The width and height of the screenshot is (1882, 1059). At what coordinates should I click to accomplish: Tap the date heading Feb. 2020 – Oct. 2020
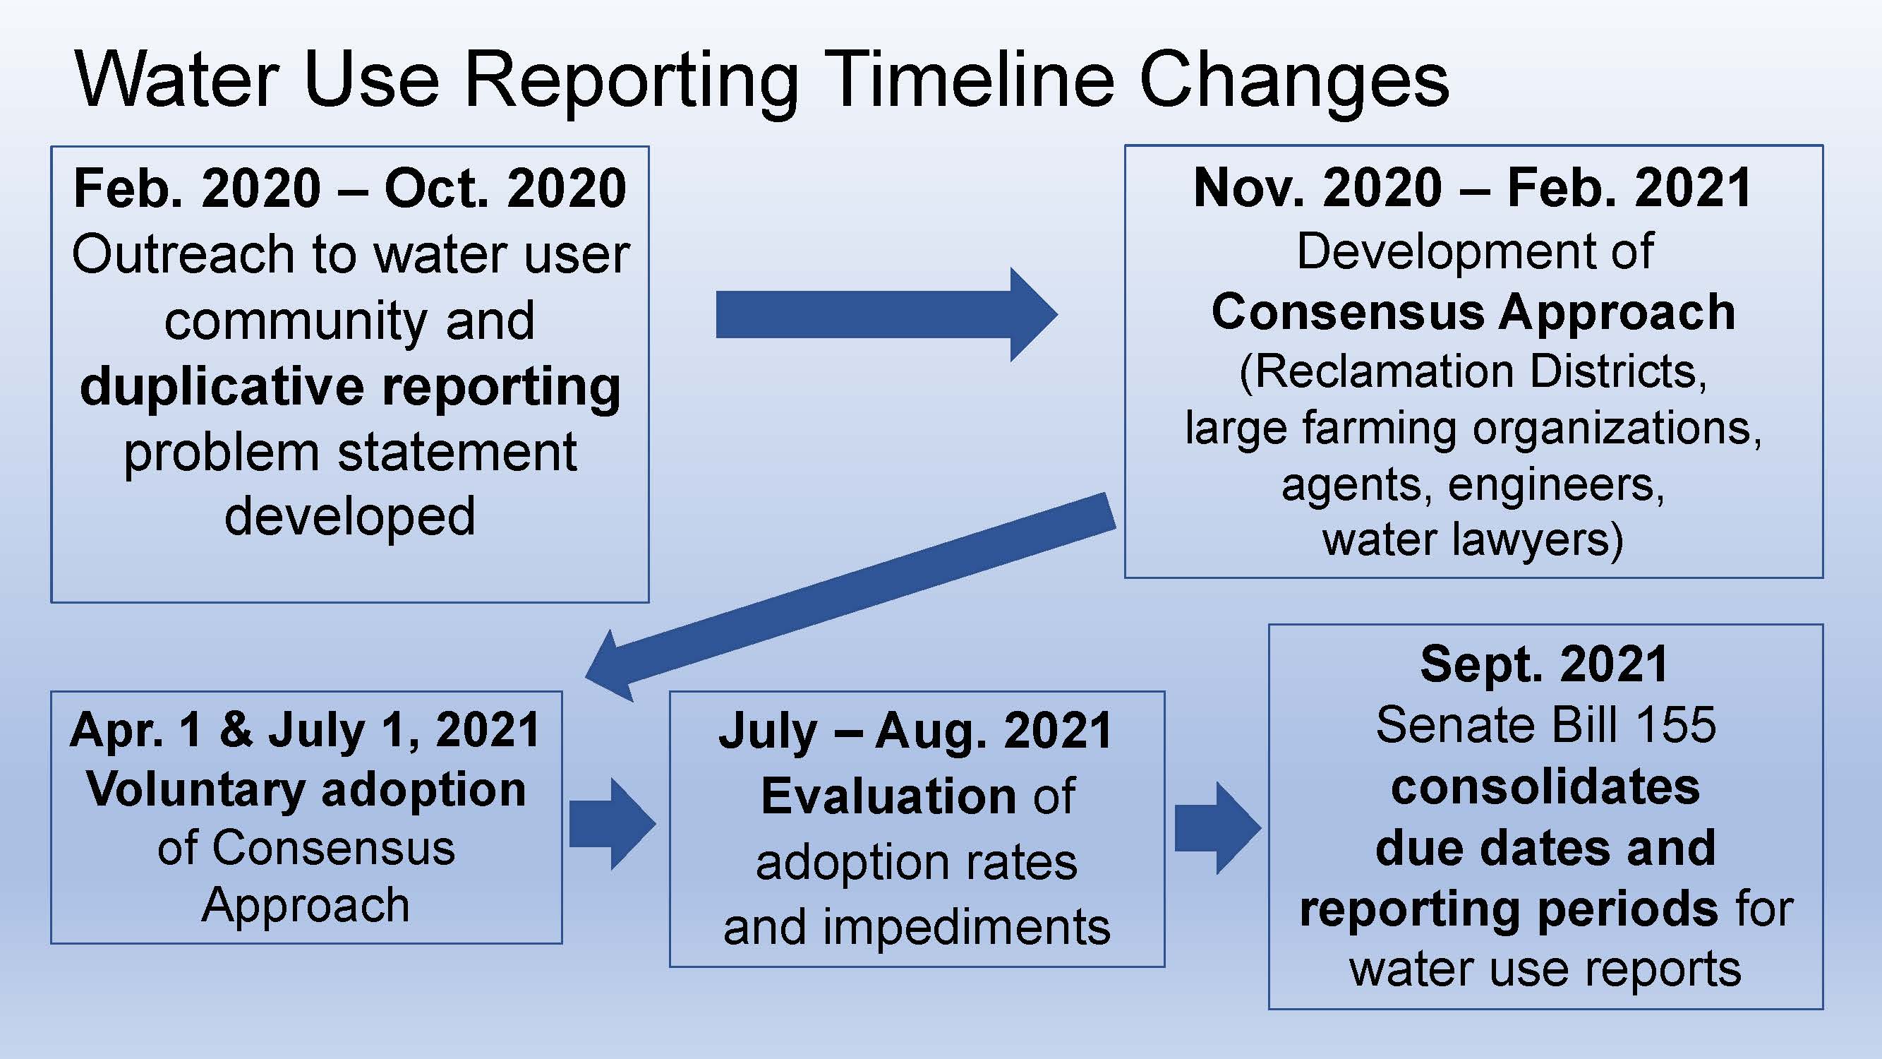coord(350,188)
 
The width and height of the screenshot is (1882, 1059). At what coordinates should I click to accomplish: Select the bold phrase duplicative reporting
coord(350,388)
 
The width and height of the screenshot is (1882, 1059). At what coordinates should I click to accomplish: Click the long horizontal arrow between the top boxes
coord(886,314)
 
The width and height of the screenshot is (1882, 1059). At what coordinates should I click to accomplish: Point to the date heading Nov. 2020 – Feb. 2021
coord(1473,188)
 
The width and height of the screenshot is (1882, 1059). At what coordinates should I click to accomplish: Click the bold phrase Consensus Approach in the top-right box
coord(1473,313)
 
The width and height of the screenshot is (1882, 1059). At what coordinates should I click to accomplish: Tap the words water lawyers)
coord(1473,539)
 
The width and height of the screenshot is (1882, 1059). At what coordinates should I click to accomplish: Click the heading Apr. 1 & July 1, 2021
coord(306,730)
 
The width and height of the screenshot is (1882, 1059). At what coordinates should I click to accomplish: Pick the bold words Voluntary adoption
coord(306,789)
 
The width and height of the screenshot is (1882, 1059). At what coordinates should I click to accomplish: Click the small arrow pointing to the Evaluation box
coord(613,824)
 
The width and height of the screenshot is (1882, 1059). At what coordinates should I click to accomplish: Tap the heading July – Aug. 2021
coord(916,731)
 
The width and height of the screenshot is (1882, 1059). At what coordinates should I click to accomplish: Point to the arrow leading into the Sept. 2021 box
coord(1218,827)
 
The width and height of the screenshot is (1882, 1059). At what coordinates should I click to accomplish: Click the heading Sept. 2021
coord(1545,664)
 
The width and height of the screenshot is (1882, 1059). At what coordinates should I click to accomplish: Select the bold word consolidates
coord(1545,787)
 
